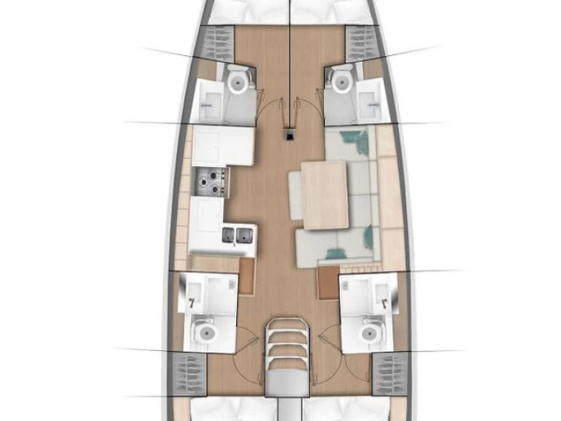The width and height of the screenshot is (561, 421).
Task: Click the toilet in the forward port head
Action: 238,81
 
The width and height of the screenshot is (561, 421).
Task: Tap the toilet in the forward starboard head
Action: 340,80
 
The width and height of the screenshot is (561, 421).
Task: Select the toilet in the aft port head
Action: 203,333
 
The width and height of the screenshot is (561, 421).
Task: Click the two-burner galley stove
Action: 211,182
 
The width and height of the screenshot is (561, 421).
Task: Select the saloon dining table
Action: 324,194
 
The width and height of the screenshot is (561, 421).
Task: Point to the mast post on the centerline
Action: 290,133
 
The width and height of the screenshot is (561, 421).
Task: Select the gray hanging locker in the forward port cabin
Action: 218,41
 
